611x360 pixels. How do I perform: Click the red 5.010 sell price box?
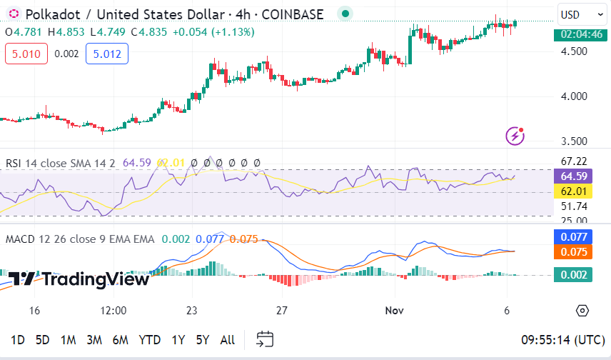tap(26, 53)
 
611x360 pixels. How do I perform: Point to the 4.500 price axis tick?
tap(575, 51)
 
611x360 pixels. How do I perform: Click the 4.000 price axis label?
tap(575, 96)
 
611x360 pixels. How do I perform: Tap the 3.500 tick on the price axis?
tap(575, 141)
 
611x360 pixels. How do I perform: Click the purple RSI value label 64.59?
tap(573, 176)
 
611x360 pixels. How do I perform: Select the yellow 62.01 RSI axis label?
tap(573, 191)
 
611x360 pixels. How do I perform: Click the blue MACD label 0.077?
tap(573, 236)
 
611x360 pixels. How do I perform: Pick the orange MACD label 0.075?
tap(573, 251)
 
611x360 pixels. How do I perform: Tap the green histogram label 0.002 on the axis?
tap(573, 275)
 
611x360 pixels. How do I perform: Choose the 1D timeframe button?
tap(18, 340)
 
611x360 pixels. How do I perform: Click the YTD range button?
tap(149, 340)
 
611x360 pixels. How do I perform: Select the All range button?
tap(227, 340)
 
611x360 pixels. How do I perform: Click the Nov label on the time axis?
tap(394, 311)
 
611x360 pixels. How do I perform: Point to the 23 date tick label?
tap(191, 311)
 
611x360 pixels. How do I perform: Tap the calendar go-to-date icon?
tap(265, 339)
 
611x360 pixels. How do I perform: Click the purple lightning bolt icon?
tap(515, 135)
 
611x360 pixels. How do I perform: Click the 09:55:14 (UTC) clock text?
tap(563, 340)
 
